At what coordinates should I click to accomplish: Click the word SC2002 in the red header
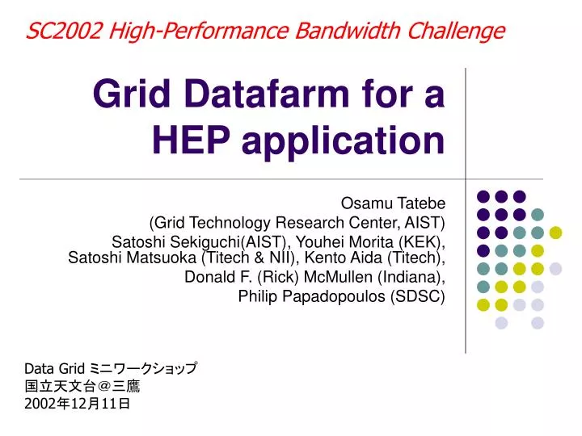click(64, 31)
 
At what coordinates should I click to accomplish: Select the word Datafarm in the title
click(267, 94)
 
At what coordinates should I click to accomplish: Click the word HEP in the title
click(191, 140)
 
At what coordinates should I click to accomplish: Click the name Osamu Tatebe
click(393, 203)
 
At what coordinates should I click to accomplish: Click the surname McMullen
click(338, 277)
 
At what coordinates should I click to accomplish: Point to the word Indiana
click(409, 277)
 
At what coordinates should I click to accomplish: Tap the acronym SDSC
click(418, 296)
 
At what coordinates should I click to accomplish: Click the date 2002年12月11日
click(78, 404)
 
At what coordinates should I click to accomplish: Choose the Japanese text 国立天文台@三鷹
click(82, 386)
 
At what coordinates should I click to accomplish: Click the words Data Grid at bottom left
click(55, 369)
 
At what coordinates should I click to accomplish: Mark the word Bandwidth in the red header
click(348, 31)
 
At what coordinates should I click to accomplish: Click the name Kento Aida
click(344, 258)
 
